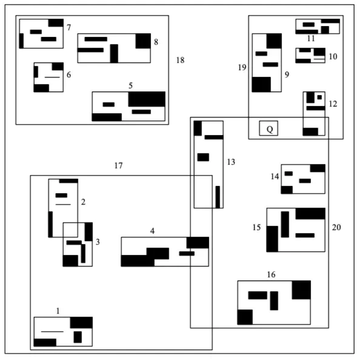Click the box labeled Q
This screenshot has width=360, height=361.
[268, 128]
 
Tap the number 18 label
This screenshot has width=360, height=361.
[180, 60]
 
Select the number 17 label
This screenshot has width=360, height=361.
[118, 165]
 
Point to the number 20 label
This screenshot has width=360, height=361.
[336, 227]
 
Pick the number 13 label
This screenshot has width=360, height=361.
[230, 162]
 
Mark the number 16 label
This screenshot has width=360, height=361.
[271, 274]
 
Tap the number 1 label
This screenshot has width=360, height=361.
[58, 311]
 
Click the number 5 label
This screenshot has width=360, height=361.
[130, 85]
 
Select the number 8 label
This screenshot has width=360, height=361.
[156, 42]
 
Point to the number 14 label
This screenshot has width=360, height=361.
[274, 176]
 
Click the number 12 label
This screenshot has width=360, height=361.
[333, 104]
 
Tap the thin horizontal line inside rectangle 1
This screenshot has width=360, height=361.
[52, 331]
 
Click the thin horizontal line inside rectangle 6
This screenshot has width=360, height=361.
[52, 77]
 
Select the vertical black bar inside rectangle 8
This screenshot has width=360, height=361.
[114, 53]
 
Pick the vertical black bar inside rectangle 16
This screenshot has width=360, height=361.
[274, 300]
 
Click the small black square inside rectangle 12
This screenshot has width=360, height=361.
[319, 97]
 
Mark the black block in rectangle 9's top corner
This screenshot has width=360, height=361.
[273, 40]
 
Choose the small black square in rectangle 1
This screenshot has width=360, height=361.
[77, 337]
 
